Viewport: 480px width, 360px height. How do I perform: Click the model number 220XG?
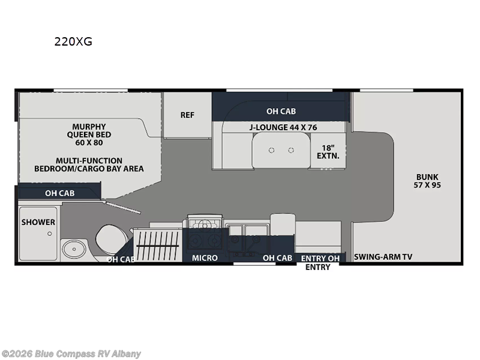[x=73, y=41]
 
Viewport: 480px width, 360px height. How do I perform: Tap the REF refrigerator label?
[x=187, y=115]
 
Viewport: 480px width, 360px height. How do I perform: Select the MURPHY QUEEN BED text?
[x=89, y=134]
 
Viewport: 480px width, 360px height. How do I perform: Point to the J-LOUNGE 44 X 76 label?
[x=283, y=127]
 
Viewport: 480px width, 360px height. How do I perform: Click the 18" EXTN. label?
[x=328, y=152]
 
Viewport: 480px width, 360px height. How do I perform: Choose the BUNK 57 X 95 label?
[x=427, y=181]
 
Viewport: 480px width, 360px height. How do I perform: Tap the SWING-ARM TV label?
[x=383, y=257]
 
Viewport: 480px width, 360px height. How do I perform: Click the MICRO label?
[x=205, y=258]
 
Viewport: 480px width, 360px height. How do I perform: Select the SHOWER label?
[x=38, y=222]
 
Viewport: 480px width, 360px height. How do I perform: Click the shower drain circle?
[x=50, y=233]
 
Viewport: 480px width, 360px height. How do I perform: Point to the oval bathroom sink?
[x=74, y=249]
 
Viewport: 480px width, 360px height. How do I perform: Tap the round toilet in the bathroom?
[x=112, y=239]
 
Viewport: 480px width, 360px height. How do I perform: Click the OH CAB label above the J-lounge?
[x=281, y=111]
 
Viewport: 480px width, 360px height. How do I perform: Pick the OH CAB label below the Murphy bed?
[x=59, y=193]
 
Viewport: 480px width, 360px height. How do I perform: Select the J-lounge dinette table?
[x=281, y=151]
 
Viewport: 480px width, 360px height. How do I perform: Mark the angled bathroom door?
[x=122, y=207]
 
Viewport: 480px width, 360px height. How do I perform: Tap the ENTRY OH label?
[x=320, y=259]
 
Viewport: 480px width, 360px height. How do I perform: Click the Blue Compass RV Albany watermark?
[x=71, y=354]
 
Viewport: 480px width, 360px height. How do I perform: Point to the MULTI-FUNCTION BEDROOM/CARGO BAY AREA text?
[x=89, y=164]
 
